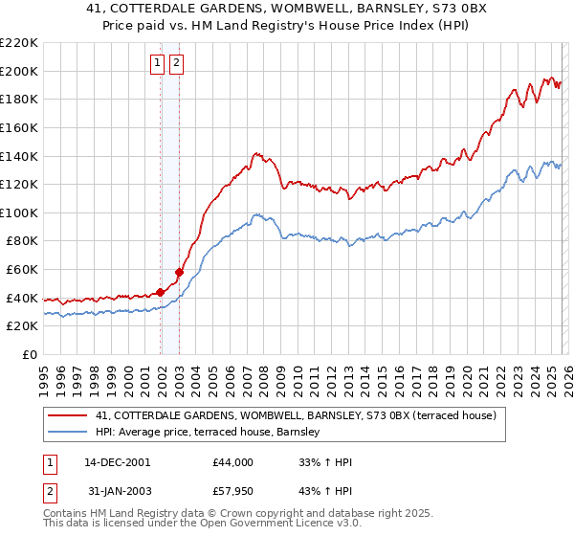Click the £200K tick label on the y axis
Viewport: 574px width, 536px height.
[19, 71]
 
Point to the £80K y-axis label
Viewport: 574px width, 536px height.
[22, 241]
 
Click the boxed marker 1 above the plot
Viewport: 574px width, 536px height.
[157, 63]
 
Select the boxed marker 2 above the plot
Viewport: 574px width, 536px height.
[177, 63]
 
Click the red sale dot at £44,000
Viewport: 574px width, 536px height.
[161, 292]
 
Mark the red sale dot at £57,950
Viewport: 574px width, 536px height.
[180, 273]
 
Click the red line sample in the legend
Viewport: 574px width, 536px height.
[67, 416]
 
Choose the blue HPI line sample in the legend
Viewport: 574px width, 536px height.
[67, 433]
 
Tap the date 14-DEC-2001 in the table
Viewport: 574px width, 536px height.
[117, 462]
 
